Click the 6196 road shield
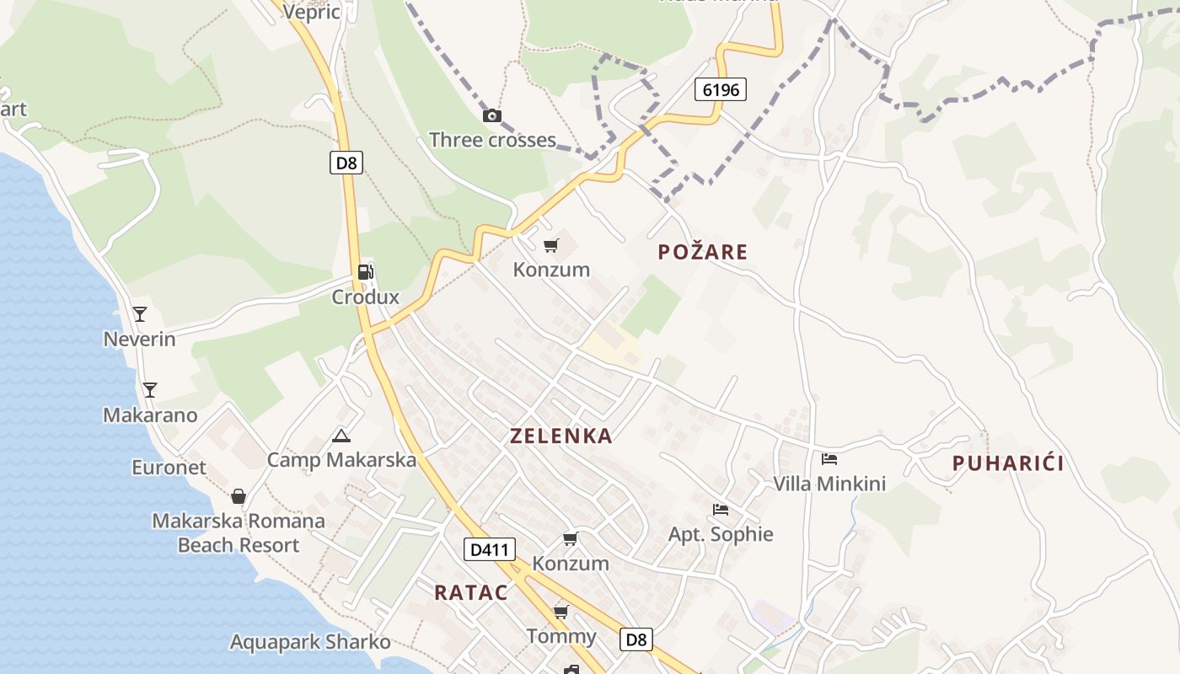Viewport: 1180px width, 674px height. click(x=721, y=88)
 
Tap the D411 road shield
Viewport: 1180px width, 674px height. click(x=489, y=550)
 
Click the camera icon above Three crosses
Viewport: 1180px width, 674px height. click(x=492, y=115)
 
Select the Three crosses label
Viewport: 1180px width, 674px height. click(x=492, y=140)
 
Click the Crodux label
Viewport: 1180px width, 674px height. click(x=365, y=297)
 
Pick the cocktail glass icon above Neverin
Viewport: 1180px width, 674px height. click(x=140, y=314)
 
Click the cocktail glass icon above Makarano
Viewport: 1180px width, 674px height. click(x=150, y=390)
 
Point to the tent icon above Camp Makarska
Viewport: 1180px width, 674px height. click(x=341, y=436)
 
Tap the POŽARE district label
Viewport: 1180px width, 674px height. click(x=703, y=252)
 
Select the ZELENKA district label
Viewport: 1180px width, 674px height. click(x=561, y=436)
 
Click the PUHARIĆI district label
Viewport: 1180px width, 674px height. click(x=1008, y=463)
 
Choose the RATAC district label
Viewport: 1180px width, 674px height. click(x=471, y=592)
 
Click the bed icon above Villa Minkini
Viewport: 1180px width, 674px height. click(x=829, y=459)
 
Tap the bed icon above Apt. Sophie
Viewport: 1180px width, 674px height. click(x=721, y=510)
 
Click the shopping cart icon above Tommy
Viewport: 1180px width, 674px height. click(x=560, y=612)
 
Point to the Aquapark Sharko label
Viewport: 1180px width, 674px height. click(x=310, y=642)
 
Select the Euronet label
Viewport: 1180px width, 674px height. click(x=169, y=467)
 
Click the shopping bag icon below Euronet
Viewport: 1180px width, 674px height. click(x=239, y=496)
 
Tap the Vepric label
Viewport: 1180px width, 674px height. click(x=312, y=11)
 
